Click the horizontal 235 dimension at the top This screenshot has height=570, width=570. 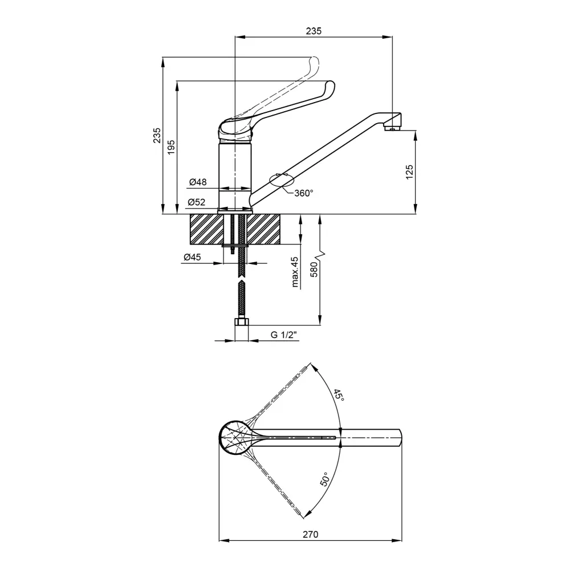(313, 31)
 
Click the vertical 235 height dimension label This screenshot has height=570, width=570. (157, 135)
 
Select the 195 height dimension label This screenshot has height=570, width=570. (171, 147)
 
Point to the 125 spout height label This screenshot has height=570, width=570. (409, 172)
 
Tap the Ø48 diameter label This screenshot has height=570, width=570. (198, 182)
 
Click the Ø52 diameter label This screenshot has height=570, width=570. (197, 202)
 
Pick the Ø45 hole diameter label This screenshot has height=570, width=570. (192, 258)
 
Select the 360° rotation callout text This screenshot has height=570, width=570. (304, 193)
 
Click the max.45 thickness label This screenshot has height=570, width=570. (295, 272)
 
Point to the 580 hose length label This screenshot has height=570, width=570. (313, 270)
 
